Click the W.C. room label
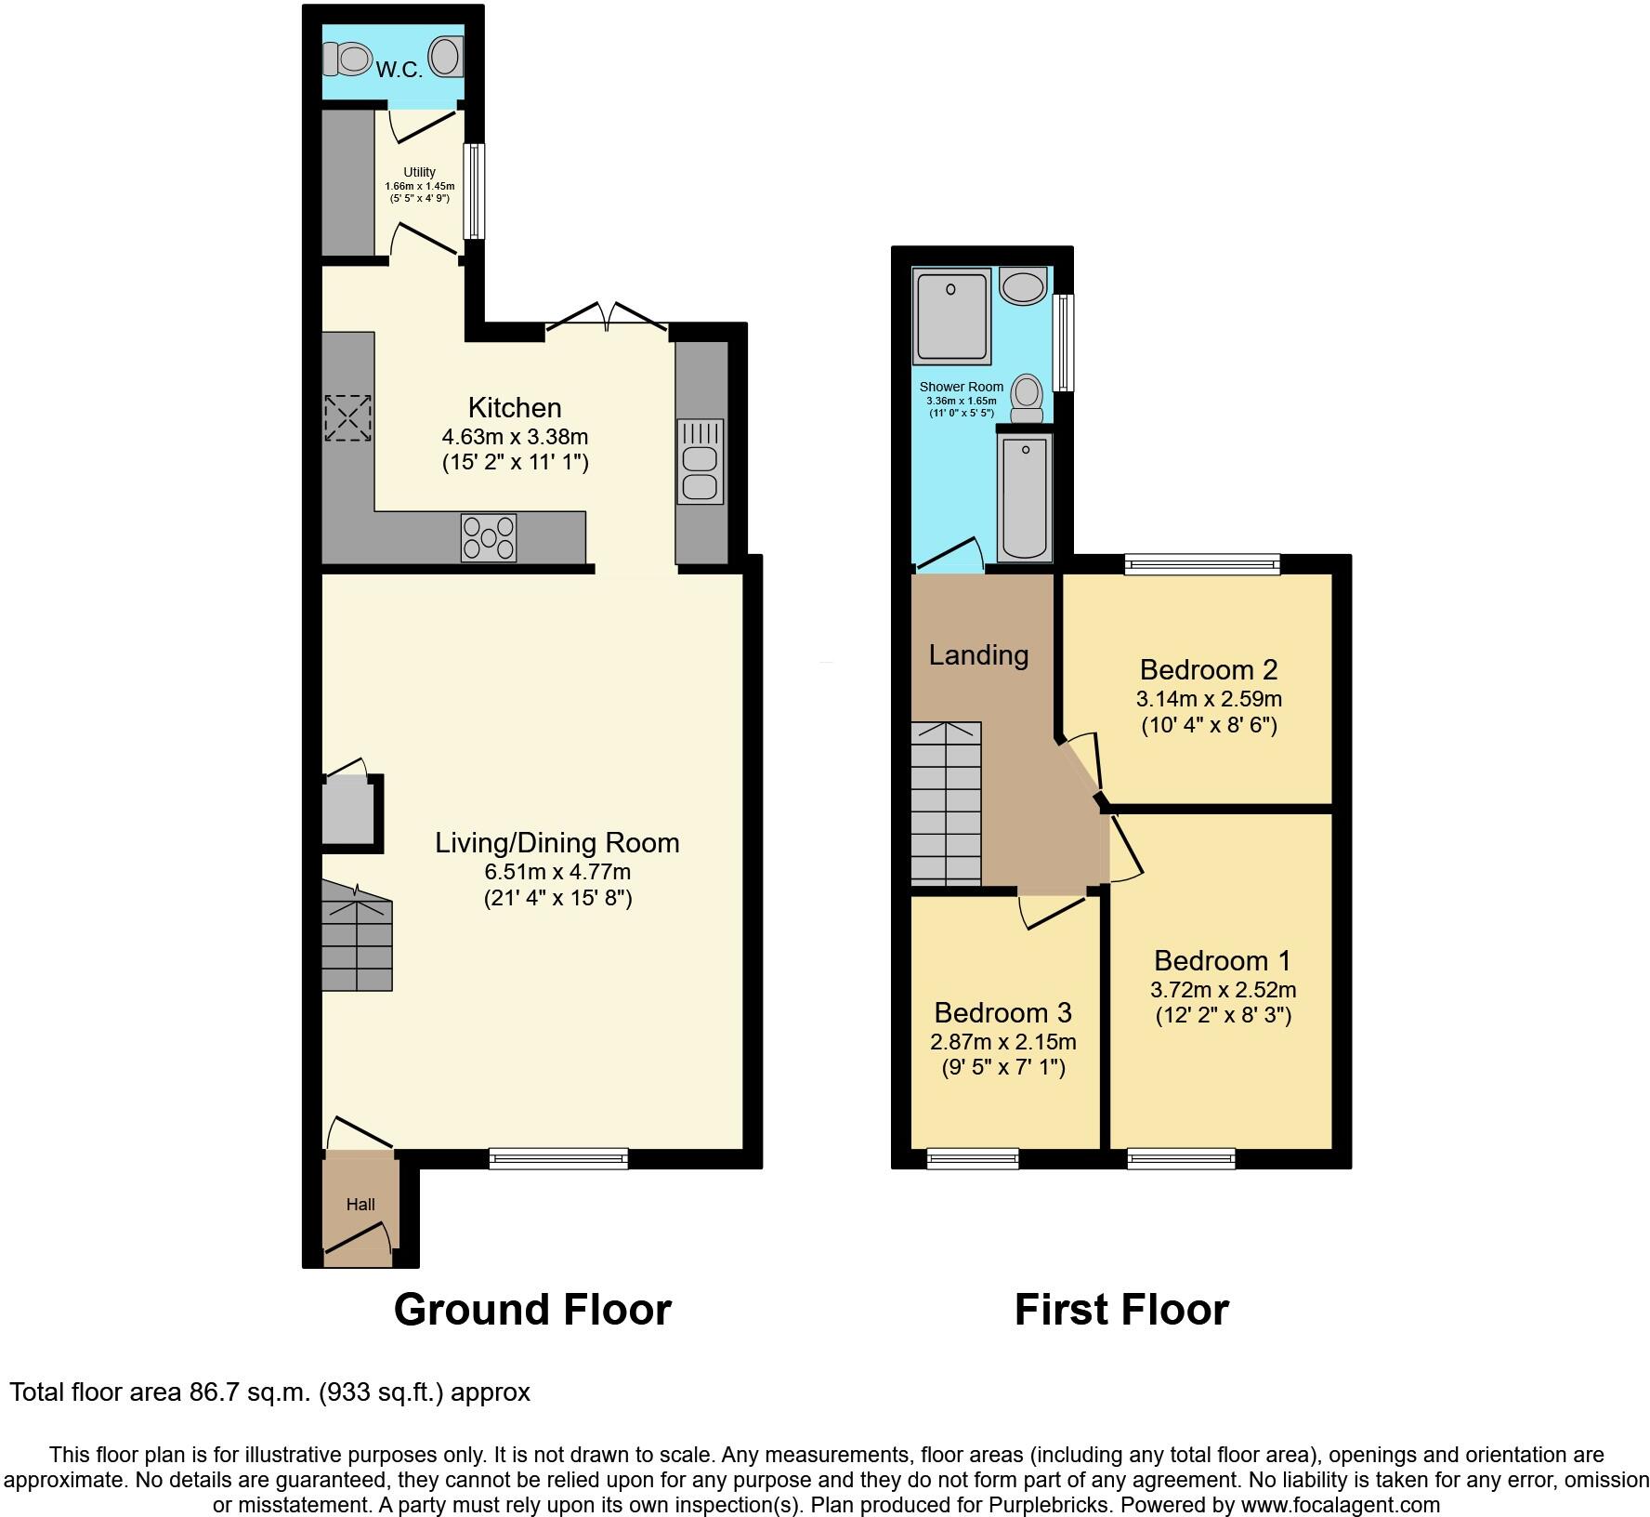(399, 69)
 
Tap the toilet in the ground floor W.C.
(346, 60)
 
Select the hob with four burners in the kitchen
(489, 537)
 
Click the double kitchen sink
(701, 461)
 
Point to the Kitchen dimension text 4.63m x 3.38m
(515, 436)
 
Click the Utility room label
(419, 172)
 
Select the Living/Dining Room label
(557, 842)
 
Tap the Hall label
(360, 1205)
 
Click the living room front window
(558, 1158)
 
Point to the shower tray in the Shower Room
(951, 316)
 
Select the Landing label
(978, 655)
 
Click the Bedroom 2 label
(1209, 669)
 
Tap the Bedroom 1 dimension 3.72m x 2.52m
(1223, 989)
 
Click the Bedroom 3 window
(973, 1158)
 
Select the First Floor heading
(1121, 1310)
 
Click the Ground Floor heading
(532, 1310)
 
